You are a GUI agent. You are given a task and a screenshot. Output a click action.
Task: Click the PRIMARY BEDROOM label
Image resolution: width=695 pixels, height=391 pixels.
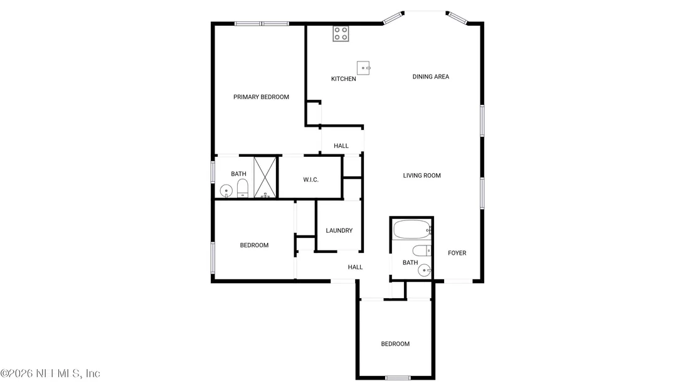[261, 97]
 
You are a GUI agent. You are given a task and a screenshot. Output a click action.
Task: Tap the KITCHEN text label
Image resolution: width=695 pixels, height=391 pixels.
[344, 79]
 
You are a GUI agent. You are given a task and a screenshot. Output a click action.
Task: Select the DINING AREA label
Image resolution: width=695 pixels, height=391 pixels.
[431, 77]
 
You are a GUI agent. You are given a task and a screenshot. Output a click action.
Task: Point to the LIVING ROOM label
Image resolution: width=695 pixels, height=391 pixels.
[422, 176]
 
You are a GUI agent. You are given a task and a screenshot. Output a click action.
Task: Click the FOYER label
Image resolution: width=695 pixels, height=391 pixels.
[457, 253]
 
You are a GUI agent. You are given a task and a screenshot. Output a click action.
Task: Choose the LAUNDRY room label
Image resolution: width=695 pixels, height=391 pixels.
[339, 230]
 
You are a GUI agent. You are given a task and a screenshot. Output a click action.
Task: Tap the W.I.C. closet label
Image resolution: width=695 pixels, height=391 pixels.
[310, 179]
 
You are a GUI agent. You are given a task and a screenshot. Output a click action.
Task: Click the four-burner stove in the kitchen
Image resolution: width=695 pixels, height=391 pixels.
[341, 34]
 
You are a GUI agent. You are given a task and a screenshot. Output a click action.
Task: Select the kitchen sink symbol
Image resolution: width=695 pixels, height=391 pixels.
[363, 68]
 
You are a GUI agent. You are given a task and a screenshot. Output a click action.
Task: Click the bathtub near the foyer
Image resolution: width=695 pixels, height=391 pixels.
[411, 230]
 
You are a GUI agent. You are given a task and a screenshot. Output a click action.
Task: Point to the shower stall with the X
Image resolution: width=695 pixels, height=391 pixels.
[265, 178]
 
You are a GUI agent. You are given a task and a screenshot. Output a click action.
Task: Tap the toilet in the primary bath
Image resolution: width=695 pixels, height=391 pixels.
[243, 188]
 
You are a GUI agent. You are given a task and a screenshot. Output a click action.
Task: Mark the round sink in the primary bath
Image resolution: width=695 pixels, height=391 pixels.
[226, 191]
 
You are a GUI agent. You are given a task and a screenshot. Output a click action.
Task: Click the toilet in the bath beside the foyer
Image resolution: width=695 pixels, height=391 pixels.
[422, 250]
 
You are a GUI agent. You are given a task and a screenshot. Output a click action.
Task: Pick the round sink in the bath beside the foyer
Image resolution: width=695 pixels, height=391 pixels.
[425, 270]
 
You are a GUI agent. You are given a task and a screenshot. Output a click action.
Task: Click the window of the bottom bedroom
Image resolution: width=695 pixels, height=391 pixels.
[398, 378]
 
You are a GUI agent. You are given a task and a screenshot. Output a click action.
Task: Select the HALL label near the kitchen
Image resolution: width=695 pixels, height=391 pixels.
[341, 146]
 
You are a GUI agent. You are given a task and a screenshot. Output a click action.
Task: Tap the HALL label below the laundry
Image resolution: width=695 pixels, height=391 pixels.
[355, 267]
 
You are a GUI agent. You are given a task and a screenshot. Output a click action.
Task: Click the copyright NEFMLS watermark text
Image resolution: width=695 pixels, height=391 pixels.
[50, 373]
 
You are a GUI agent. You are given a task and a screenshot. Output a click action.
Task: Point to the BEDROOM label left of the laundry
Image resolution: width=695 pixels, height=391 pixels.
[255, 245]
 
